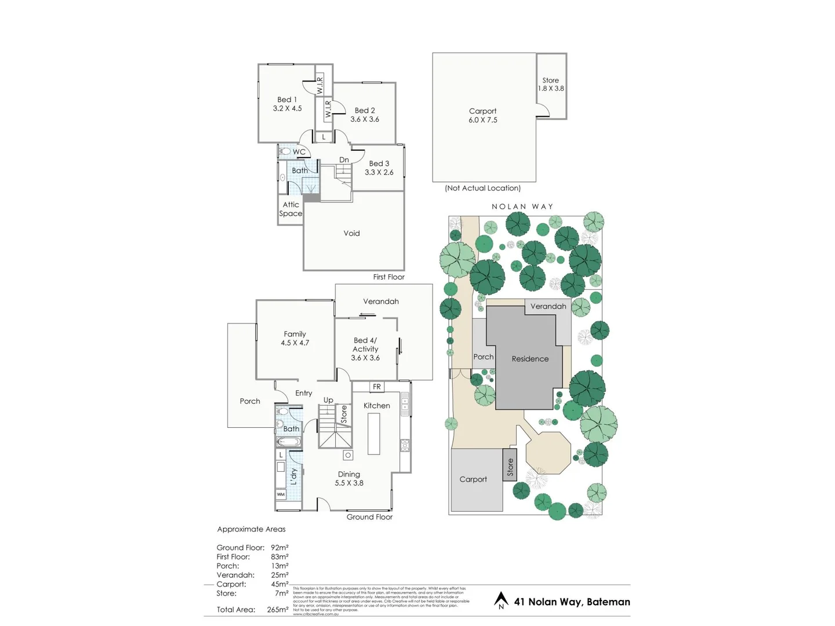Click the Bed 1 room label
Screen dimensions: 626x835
coord(287,100)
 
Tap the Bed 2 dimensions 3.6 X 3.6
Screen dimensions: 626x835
coord(365,119)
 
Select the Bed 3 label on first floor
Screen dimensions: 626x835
coord(379,163)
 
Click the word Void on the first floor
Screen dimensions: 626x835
coord(351,233)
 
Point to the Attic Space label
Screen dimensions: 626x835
coord(291,209)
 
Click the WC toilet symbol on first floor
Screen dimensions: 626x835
coord(285,152)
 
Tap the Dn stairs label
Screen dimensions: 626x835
coord(344,160)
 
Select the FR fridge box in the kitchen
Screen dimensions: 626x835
coord(376,387)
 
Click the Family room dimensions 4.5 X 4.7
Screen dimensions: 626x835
coord(295,343)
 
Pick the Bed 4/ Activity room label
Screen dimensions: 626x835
coord(365,345)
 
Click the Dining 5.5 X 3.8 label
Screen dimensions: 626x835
coord(349,478)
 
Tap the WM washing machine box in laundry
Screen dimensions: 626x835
coord(281,494)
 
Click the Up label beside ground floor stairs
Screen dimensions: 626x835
coord(328,400)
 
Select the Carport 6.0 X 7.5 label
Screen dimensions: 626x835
coord(483,115)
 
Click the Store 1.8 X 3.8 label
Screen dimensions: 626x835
coord(551,85)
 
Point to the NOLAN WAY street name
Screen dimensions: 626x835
coord(522,206)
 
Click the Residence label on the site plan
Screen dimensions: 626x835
coord(530,359)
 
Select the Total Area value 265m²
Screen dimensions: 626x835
coord(278,610)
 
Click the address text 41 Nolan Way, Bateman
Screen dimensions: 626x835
coord(572,602)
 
